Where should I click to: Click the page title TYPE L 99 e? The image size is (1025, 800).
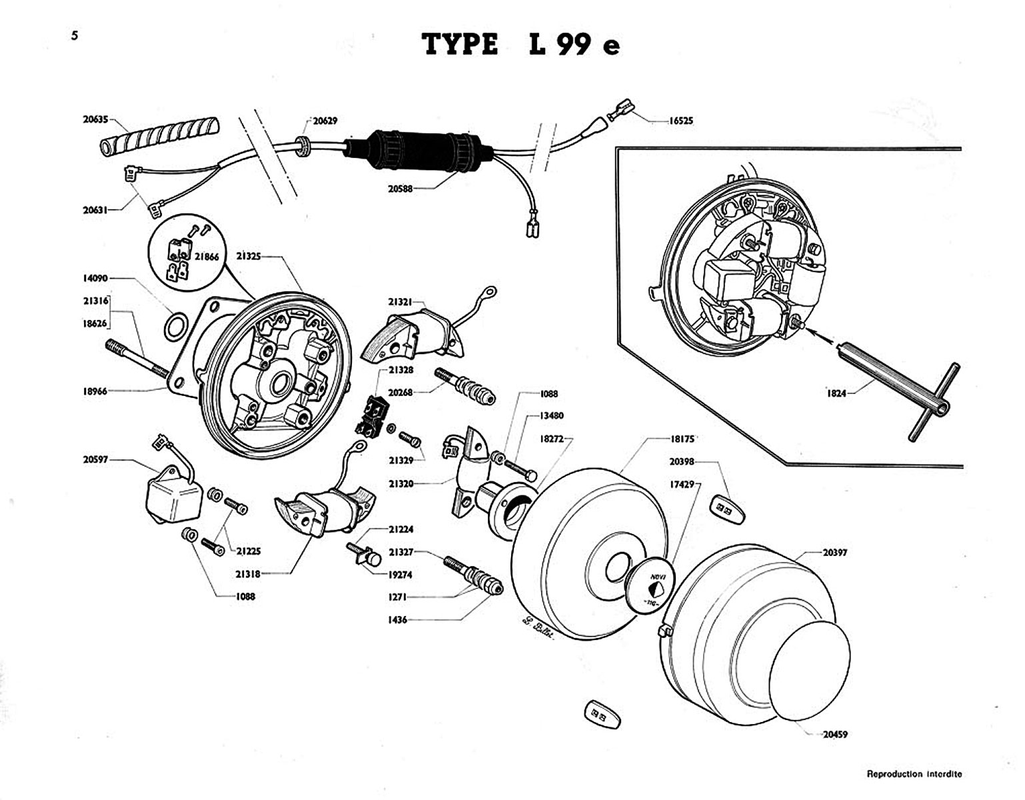click(521, 45)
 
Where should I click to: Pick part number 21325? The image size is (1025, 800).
click(247, 255)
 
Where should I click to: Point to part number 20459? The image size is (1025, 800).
click(834, 734)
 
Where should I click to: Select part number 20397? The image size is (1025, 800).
click(835, 553)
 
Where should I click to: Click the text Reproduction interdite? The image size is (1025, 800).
click(914, 774)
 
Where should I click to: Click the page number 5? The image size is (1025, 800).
click(75, 36)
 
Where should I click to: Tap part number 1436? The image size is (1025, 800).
click(397, 620)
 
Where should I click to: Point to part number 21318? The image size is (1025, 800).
click(247, 573)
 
